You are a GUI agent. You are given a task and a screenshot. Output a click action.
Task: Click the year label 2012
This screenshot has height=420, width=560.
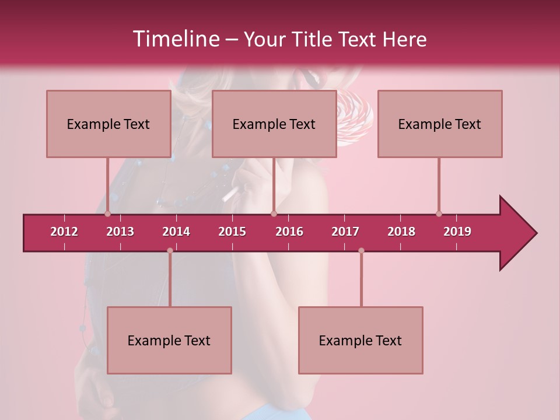tap(64, 232)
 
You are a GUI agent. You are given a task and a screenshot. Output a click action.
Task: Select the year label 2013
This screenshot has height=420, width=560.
tap(120, 232)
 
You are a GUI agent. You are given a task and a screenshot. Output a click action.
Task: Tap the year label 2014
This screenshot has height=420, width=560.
tap(176, 232)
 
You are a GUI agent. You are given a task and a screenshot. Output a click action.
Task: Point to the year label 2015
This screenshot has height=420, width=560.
tap(232, 232)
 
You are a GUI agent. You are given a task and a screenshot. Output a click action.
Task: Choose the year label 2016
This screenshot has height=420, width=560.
tap(289, 232)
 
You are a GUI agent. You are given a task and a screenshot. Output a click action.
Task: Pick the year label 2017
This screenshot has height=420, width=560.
tap(345, 232)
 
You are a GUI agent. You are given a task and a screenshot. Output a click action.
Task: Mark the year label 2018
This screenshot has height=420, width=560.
tap(401, 232)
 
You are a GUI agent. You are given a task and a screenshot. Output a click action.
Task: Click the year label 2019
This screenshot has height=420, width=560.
tap(457, 232)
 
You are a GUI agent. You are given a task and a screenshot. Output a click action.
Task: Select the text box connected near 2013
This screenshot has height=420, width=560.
tap(108, 124)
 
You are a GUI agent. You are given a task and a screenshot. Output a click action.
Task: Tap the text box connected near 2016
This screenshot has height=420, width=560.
tap(274, 124)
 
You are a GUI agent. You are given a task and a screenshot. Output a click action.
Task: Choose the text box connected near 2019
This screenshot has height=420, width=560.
tap(440, 124)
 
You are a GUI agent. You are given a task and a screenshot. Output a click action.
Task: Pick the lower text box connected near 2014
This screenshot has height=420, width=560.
tap(169, 340)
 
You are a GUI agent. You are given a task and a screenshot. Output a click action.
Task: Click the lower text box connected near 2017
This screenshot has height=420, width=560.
tap(360, 340)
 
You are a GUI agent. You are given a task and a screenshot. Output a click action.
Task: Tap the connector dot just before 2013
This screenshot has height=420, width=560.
tap(107, 213)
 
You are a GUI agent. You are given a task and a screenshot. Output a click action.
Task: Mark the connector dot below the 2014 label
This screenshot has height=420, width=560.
tap(170, 250)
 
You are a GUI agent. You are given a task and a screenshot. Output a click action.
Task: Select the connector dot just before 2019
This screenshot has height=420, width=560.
tap(439, 213)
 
